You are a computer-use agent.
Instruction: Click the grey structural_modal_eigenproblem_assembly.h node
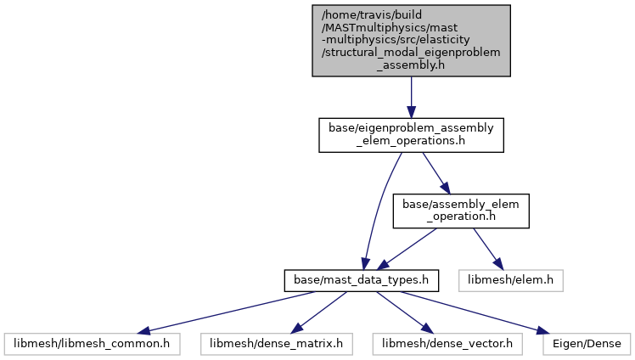tap(411, 41)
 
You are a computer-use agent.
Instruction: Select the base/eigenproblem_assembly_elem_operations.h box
tap(411, 135)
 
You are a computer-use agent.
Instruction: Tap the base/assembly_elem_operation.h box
tap(461, 211)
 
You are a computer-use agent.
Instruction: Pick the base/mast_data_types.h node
tap(362, 281)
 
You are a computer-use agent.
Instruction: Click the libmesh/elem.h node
tap(511, 281)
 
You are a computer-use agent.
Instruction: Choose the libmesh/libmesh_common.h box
tap(92, 344)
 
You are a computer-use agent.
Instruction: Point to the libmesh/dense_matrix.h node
tap(276, 344)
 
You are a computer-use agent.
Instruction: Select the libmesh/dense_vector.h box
tap(447, 344)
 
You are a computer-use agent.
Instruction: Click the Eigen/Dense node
tap(587, 344)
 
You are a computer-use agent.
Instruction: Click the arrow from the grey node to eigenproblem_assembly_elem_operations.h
tap(411, 97)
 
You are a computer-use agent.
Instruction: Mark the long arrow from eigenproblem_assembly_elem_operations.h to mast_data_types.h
tap(379, 211)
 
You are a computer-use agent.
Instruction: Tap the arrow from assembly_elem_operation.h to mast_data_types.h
tap(407, 249)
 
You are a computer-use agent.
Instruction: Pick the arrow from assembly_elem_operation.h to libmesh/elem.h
tap(488, 249)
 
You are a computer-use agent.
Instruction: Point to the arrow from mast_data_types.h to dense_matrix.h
tap(318, 312)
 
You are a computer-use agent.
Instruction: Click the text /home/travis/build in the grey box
tap(371, 15)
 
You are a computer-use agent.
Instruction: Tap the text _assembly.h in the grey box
tap(411, 65)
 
